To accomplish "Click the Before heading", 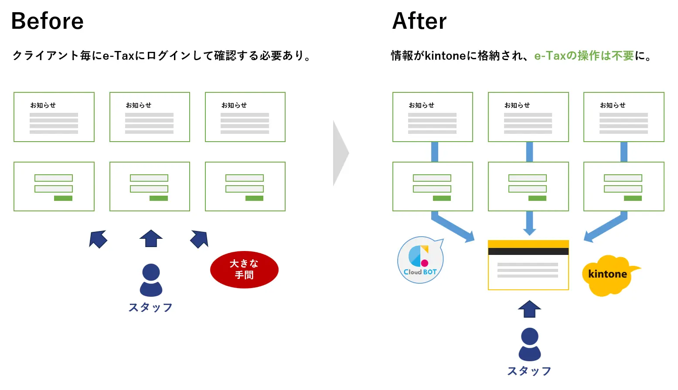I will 48,21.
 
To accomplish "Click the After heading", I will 419,21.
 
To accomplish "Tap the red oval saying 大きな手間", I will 244,269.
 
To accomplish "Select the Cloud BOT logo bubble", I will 420,260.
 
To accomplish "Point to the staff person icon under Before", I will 151,280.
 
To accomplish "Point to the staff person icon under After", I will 529,344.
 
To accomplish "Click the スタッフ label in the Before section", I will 150,308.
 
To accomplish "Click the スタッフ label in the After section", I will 529,371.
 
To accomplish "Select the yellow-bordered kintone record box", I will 528,265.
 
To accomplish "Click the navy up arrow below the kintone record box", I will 529,309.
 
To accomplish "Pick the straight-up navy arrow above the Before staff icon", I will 151,238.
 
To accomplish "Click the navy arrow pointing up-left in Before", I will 98,239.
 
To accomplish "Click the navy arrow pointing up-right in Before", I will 200,239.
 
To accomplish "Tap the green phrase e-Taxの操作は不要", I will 584,56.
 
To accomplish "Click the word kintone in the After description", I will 445,56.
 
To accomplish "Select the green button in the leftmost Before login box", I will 63,198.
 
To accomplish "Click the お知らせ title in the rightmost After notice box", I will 613,105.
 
